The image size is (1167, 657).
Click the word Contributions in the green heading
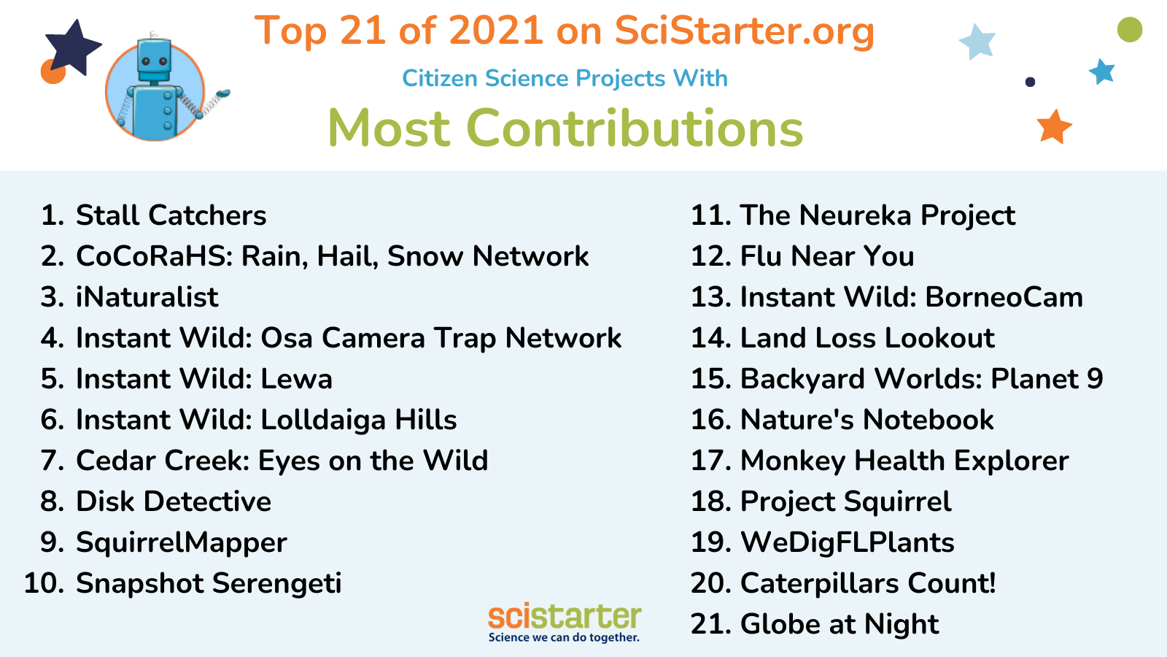point(635,128)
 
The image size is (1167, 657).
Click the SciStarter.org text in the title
point(744,32)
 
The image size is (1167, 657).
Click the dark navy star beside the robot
point(73,47)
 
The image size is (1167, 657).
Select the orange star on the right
point(1054,127)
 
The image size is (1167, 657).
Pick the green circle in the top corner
point(1130,29)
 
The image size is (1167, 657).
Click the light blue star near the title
point(977,42)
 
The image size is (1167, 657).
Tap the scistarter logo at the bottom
point(565,622)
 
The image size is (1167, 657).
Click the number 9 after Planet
point(1095,379)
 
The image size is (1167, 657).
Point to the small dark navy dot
point(1030,82)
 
